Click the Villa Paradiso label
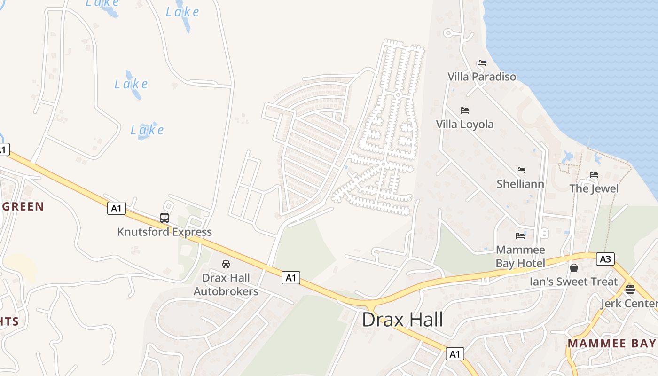pyautogui.click(x=481, y=77)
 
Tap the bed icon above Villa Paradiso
pyautogui.click(x=481, y=63)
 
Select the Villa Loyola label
pyautogui.click(x=464, y=124)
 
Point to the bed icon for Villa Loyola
pyautogui.click(x=465, y=110)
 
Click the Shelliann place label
pyautogui.click(x=520, y=184)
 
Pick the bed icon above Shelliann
pyautogui.click(x=520, y=170)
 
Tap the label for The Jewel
pyautogui.click(x=594, y=188)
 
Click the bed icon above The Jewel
pyautogui.click(x=594, y=175)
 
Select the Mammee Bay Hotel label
pyautogui.click(x=520, y=256)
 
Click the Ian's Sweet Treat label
pyautogui.click(x=573, y=282)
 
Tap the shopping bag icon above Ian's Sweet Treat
pyautogui.click(x=573, y=268)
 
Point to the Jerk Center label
pyautogui.click(x=629, y=303)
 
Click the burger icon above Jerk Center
pyautogui.click(x=630, y=289)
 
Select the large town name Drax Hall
pyautogui.click(x=402, y=320)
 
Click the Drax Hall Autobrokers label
pyautogui.click(x=226, y=284)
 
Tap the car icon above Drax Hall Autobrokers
pyautogui.click(x=226, y=264)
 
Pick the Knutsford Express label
pyautogui.click(x=164, y=232)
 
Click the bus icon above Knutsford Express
pyautogui.click(x=164, y=218)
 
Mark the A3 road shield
pyautogui.click(x=605, y=258)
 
